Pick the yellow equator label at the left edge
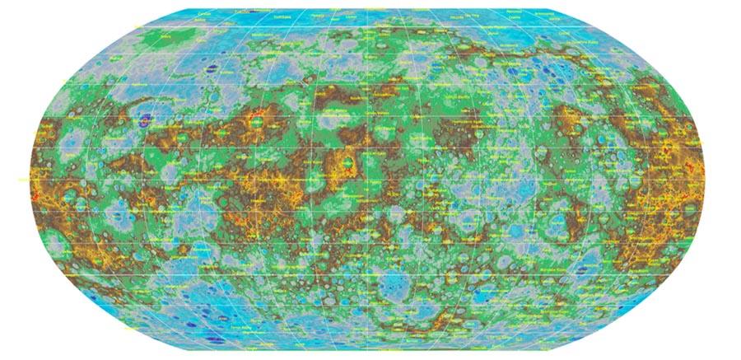click(22, 179)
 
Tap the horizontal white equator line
click(370, 179)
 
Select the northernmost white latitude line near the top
click(370, 27)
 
